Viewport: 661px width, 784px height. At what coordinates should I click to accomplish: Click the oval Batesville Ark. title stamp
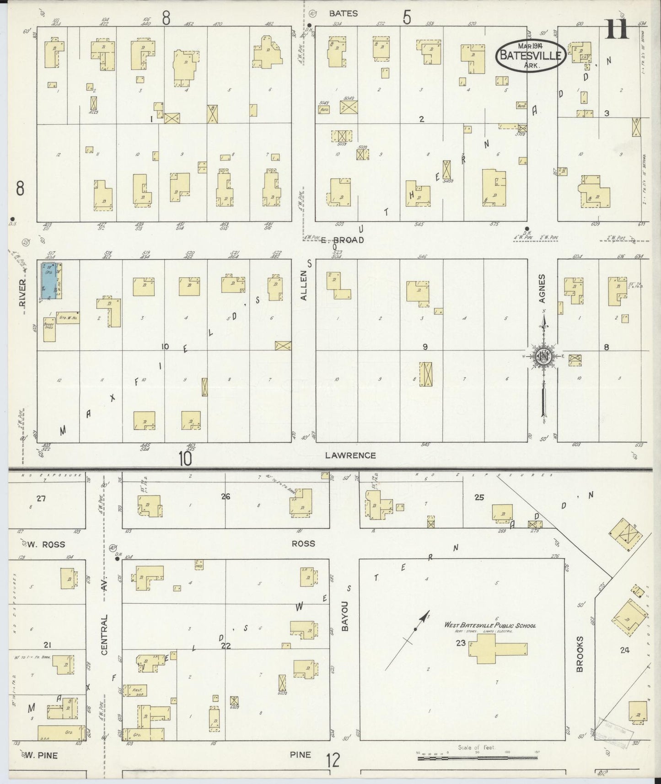point(531,55)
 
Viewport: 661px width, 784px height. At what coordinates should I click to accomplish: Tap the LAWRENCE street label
point(350,455)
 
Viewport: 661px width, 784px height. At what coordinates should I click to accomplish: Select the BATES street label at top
point(343,14)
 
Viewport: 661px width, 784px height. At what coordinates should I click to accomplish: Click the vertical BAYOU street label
point(345,616)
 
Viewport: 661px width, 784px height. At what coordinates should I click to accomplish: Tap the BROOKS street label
point(580,654)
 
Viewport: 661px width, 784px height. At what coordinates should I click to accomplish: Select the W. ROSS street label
point(46,544)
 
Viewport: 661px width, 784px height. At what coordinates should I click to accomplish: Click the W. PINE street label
point(42,755)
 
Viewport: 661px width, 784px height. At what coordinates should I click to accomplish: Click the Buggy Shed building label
point(49,325)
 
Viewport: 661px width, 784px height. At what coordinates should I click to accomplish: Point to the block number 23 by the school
point(460,643)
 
